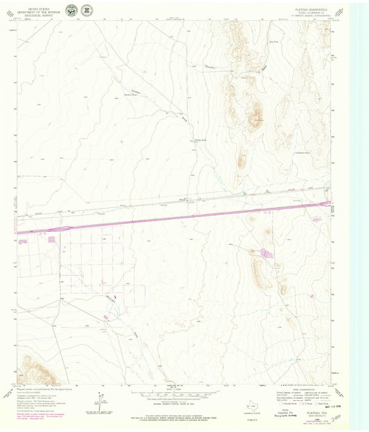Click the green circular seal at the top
(71, 10)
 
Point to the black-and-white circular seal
(87, 10)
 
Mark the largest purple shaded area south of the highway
(266, 254)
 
